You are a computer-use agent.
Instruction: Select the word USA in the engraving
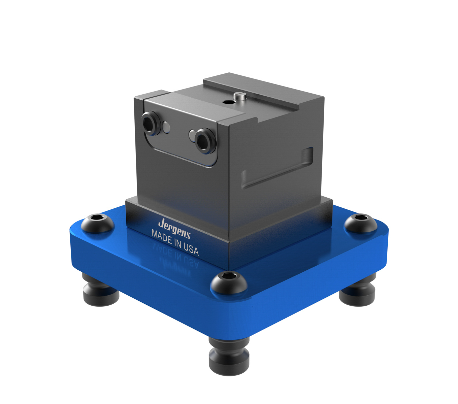coord(191,248)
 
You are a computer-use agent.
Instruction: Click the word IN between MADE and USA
coord(177,242)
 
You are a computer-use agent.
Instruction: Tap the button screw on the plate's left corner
coord(97,222)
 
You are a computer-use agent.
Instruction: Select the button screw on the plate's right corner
coord(360,222)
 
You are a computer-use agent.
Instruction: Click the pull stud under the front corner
coord(229,353)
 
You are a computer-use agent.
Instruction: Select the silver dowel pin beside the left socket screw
coord(166,127)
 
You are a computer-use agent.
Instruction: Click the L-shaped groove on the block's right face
coord(276,168)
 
